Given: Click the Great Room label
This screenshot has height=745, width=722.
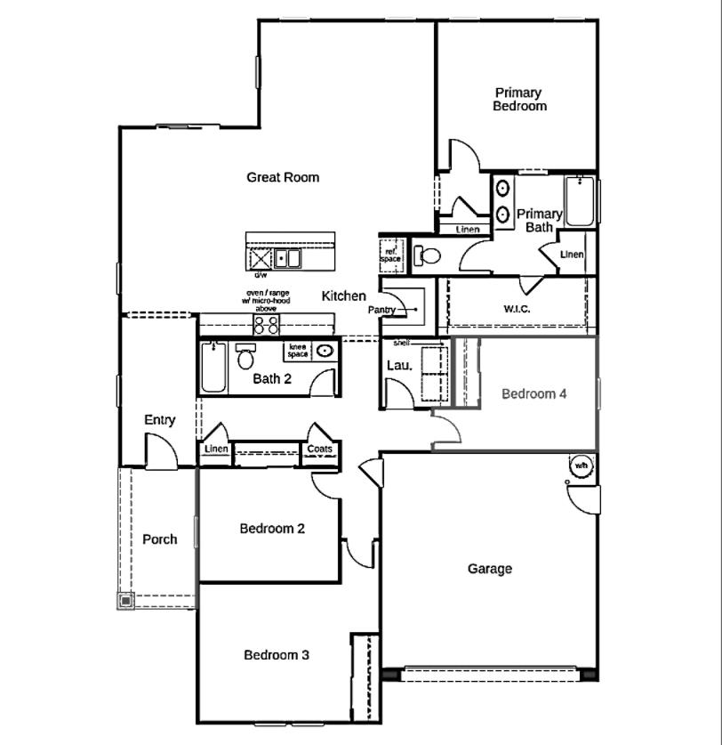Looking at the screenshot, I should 283,177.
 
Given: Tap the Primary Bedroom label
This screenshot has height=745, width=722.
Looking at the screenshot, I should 520,99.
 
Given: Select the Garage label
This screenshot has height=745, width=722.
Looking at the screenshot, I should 490,569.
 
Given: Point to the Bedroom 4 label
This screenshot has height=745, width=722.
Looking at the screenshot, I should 533,393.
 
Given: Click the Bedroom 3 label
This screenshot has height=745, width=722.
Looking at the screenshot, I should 277,655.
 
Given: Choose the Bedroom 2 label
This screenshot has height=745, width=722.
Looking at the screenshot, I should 272,529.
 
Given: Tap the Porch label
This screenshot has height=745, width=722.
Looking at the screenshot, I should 160,539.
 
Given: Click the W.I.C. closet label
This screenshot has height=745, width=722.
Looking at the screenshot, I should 517,310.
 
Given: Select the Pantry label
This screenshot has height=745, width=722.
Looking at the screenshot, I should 381,310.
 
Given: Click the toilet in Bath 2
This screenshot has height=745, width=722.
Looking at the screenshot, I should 245,357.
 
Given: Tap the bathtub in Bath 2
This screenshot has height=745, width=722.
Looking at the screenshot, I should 213,369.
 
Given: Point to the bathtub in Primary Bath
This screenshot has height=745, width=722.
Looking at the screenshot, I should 580,202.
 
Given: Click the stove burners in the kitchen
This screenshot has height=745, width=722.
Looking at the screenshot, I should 267,324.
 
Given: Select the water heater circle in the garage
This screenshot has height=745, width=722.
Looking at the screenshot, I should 581,466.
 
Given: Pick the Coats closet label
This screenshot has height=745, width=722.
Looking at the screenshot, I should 320,449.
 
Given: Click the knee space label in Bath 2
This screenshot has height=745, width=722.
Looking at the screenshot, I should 298,351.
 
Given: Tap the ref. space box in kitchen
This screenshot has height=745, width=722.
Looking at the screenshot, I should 391,254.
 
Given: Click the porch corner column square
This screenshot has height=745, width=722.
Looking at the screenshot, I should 125,601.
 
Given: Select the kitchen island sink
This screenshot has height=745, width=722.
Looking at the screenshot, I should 287,259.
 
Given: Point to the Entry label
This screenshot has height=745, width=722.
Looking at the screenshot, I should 160,420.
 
